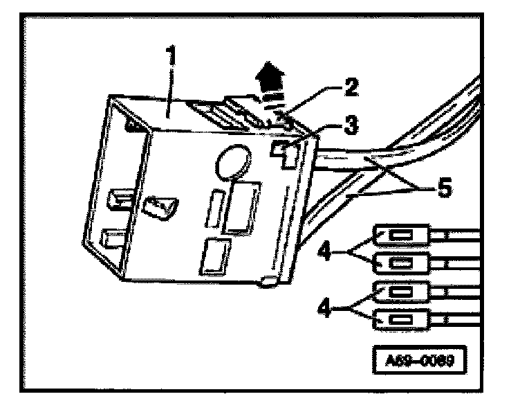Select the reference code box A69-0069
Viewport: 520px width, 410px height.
click(x=419, y=361)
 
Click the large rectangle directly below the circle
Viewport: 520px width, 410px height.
click(x=245, y=206)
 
